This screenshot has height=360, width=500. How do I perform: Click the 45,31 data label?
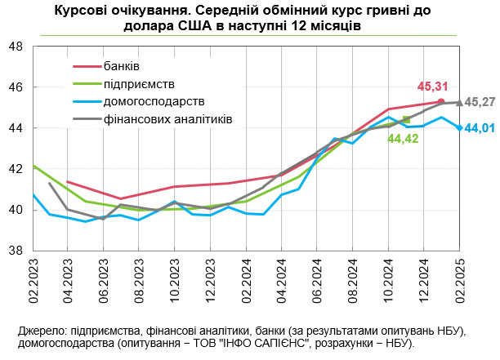pyautogui.click(x=431, y=86)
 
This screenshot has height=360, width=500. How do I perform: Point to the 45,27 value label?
pyautogui.click(x=480, y=102)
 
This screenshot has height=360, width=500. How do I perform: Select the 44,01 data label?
pyautogui.click(x=480, y=128)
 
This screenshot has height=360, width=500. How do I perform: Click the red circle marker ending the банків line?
pyautogui.click(x=441, y=101)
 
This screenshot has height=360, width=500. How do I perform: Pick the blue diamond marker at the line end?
pyautogui.click(x=459, y=127)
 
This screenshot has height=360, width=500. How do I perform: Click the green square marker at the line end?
pyautogui.click(x=406, y=120)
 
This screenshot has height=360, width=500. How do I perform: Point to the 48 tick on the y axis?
pyautogui.click(x=16, y=47)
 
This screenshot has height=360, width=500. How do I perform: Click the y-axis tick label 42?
pyautogui.click(x=16, y=170)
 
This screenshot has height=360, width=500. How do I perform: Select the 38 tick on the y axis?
pyautogui.click(x=16, y=251)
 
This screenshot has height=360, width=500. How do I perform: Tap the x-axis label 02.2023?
pyautogui.click(x=33, y=282)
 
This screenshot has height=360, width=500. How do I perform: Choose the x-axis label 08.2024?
pyautogui.click(x=353, y=282)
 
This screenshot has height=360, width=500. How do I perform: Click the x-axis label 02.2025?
pyautogui.click(x=459, y=282)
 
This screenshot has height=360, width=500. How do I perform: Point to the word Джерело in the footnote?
pyautogui.click(x=38, y=331)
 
